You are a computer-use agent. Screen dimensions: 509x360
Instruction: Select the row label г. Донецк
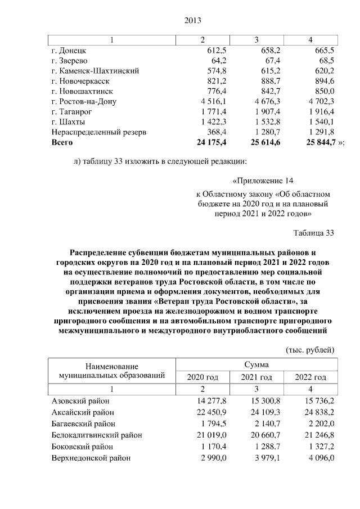(x=69, y=50)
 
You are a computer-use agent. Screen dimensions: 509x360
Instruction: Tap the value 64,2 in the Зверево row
(x=217, y=60)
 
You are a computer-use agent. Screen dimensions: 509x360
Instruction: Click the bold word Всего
(x=62, y=143)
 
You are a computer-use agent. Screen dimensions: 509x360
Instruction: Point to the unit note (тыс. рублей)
(x=311, y=349)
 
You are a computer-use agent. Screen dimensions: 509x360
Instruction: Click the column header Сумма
(x=256, y=365)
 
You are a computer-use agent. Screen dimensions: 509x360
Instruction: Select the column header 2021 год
(x=256, y=377)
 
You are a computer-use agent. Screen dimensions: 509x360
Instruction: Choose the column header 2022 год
(x=310, y=377)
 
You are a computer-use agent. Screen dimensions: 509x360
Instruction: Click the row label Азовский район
(x=80, y=401)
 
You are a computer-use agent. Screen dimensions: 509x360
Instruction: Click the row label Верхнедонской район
(x=91, y=458)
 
